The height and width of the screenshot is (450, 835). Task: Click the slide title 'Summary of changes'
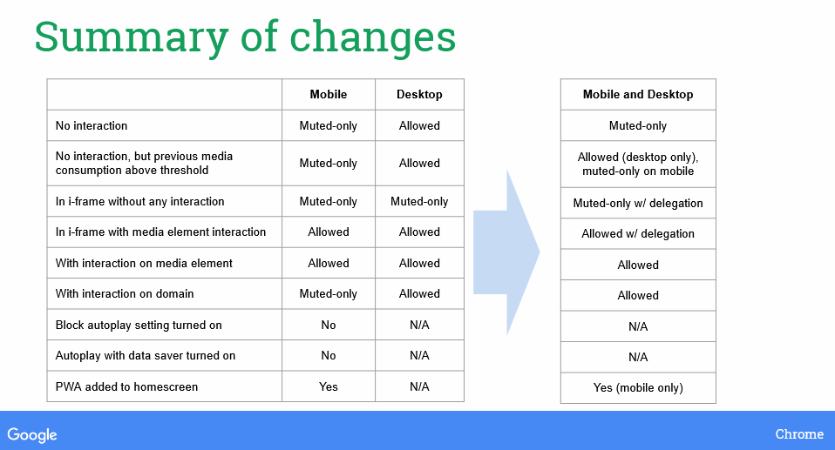[x=245, y=37]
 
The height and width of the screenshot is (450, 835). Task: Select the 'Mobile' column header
[x=328, y=94]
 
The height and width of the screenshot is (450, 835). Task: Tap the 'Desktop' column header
[x=419, y=94]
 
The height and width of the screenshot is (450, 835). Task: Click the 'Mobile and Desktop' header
[x=638, y=94]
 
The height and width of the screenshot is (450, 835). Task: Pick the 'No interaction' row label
[x=92, y=125]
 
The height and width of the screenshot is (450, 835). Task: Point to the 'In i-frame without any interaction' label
[x=140, y=201]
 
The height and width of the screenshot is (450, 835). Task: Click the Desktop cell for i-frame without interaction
[x=419, y=201]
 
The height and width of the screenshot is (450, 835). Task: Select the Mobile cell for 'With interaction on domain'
[x=328, y=293]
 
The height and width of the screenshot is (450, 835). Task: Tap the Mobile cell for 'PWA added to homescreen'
[x=328, y=386]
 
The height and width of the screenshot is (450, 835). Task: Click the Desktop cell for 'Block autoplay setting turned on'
[x=419, y=325]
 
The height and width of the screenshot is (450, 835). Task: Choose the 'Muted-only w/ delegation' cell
[x=638, y=203]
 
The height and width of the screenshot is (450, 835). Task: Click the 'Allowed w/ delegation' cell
[x=638, y=233]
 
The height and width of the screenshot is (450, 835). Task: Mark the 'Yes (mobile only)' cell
[x=638, y=388]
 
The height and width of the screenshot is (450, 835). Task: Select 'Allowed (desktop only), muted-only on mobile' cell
[x=638, y=164]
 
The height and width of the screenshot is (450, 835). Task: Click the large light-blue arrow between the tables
[x=506, y=252]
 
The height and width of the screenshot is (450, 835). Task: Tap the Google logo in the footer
[x=32, y=435]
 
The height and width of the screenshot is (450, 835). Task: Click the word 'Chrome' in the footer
[x=799, y=434]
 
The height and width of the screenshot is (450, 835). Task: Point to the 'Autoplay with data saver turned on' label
[x=146, y=355]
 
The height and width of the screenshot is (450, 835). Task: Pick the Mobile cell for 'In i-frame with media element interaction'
[x=328, y=232]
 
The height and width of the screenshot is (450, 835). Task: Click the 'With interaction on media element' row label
[x=144, y=263]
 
